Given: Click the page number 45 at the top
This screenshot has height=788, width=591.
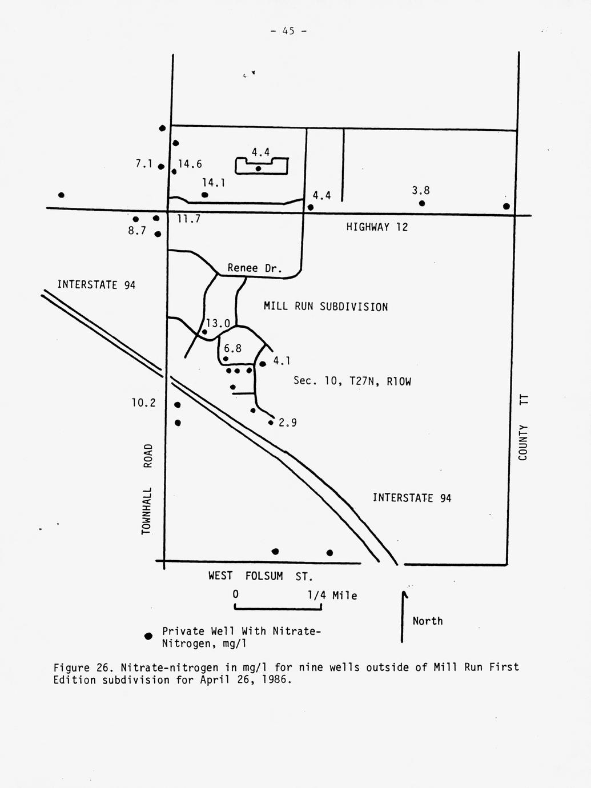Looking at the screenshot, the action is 288,31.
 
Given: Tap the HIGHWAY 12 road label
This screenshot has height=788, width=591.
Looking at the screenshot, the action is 377,227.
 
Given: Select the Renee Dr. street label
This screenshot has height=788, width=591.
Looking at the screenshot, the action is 255,268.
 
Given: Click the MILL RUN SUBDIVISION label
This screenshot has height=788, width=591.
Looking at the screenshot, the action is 326,307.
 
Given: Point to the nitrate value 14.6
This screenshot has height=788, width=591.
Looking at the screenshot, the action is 190,164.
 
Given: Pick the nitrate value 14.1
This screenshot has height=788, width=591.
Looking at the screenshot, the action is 214,183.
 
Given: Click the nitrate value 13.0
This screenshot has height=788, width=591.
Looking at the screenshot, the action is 218,323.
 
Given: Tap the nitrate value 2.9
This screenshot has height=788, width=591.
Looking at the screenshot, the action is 288,423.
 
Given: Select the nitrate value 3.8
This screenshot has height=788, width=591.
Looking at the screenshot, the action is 421,190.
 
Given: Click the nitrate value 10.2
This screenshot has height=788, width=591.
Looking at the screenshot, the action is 143,403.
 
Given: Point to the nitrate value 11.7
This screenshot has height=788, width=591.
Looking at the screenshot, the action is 189,219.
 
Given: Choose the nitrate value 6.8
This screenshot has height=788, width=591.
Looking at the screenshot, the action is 232,348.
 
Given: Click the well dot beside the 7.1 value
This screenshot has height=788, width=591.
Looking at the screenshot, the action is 161,167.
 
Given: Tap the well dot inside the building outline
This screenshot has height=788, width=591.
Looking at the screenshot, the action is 258,168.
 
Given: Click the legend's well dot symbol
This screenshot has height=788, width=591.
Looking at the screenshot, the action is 148,636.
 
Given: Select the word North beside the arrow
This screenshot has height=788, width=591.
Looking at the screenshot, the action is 427,621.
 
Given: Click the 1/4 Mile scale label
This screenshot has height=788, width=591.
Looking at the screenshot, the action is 332,596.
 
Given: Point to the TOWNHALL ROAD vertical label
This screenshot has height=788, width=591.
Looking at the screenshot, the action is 147,489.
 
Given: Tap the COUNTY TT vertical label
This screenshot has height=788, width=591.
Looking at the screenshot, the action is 523,428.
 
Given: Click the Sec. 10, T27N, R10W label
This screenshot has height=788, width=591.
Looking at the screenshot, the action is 352,381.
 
